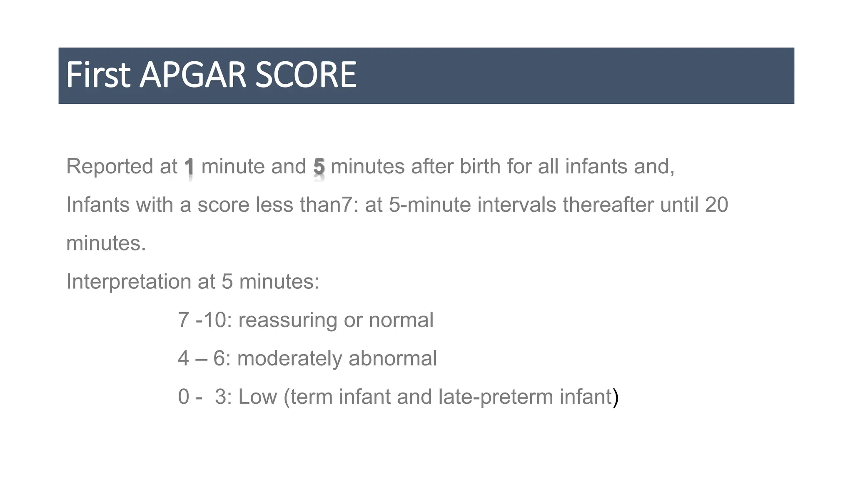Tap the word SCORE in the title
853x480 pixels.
click(x=306, y=75)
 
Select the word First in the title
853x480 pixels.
click(x=98, y=75)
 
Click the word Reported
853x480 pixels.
click(x=110, y=167)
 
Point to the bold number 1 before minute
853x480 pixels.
click(x=190, y=167)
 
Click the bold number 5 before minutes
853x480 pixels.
click(x=319, y=167)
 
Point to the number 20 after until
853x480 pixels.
click(x=716, y=205)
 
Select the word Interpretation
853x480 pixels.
click(x=129, y=282)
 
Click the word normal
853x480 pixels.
click(x=401, y=320)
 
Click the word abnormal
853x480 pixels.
click(x=393, y=359)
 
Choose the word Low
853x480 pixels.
click(x=257, y=397)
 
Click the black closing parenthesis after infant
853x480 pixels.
click(x=616, y=397)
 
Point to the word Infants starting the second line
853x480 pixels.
click(x=98, y=205)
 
